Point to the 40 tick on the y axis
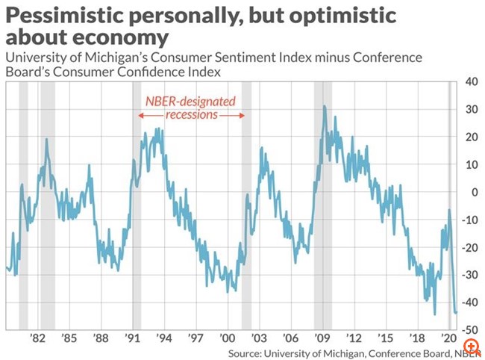click(472, 83)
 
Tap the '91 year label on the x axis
click(132, 338)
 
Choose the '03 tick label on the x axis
click(259, 338)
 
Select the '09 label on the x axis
click(322, 338)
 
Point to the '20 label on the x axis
click(449, 338)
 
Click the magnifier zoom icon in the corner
click(470, 347)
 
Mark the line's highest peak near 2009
click(324, 106)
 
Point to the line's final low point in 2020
click(455, 312)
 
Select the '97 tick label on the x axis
click(195, 338)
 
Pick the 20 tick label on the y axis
click(472, 137)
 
